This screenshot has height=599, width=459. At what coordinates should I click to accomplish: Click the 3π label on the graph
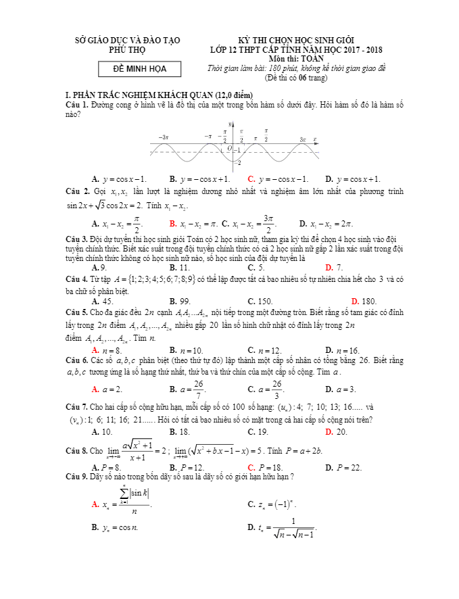tap(303, 139)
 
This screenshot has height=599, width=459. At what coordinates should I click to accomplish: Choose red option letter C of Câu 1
tap(251, 179)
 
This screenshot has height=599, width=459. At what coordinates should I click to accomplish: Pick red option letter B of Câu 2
tap(173, 223)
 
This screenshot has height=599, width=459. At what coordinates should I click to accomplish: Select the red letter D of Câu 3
tap(329, 267)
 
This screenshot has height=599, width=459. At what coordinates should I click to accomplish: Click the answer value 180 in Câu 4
tap(368, 301)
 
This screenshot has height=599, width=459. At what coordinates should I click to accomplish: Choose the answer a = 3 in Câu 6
tap(347, 389)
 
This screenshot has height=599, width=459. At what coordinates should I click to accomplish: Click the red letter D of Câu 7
tap(329, 431)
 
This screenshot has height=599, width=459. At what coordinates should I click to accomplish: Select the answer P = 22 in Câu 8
tap(348, 467)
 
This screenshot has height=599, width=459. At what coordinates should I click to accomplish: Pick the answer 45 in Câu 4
tap(107, 301)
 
